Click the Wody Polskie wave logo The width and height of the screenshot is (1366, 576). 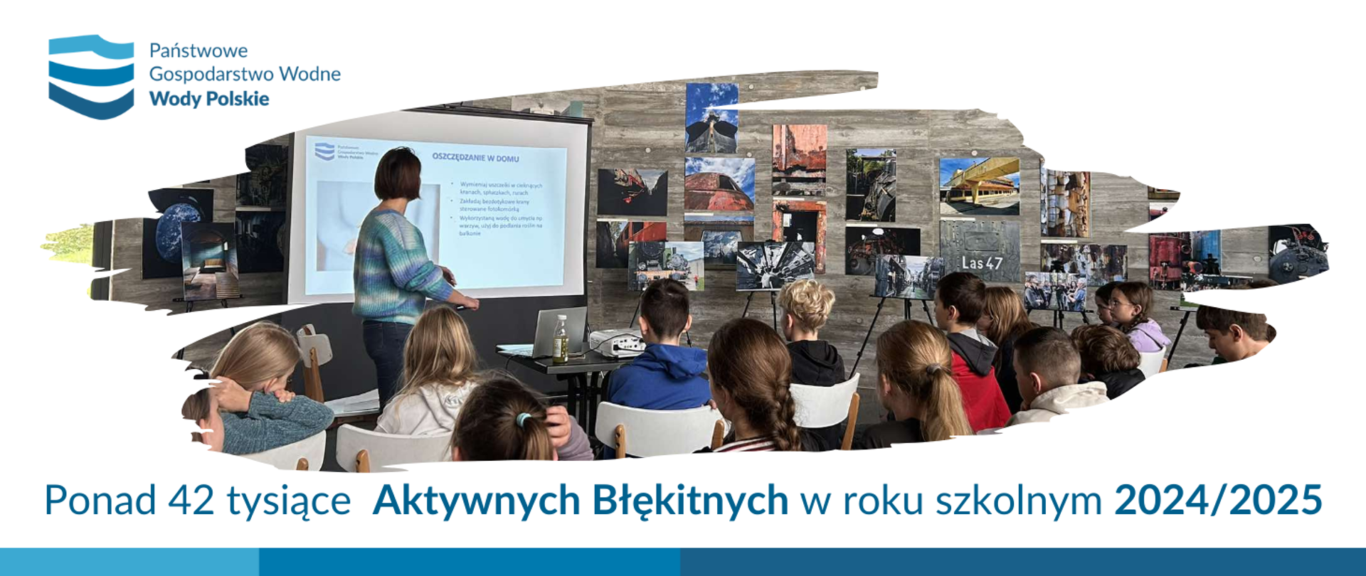tap(91, 77)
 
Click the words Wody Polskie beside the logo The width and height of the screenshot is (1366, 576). tap(208, 99)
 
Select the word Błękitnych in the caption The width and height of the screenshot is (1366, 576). tap(689, 500)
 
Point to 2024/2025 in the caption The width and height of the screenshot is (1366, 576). tap(1217, 500)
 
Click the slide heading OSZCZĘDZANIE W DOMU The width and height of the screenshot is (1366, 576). tap(475, 158)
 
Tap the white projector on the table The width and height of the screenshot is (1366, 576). tap(617, 343)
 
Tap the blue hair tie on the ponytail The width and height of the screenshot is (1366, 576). tap(524, 420)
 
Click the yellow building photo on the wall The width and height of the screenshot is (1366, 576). tap(979, 186)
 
